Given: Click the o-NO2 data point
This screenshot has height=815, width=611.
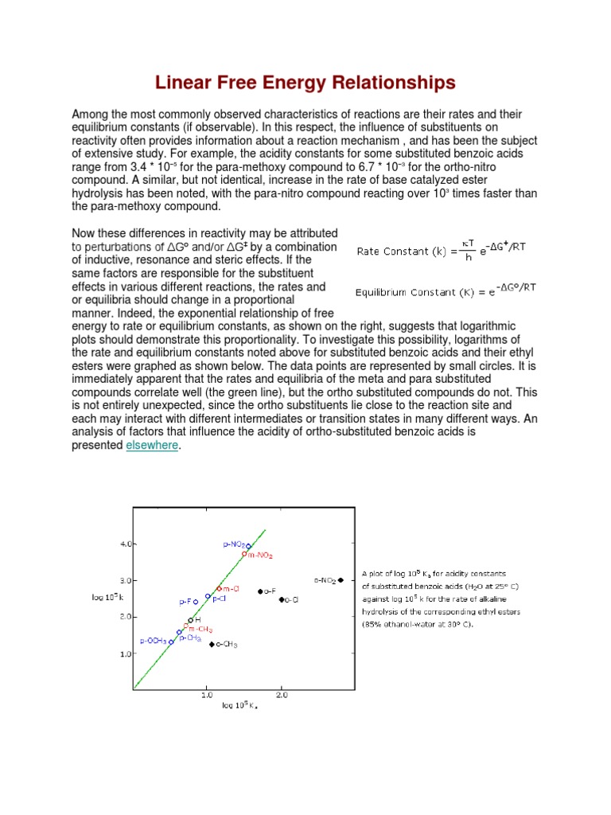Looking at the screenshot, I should coord(341,580).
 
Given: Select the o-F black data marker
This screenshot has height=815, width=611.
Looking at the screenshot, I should coord(259,591).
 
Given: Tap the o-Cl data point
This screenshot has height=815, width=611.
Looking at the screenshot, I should coord(282,599).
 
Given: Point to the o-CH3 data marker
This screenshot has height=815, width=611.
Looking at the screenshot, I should coord(212,644).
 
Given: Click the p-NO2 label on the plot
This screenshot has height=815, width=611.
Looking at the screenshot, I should coord(235,544).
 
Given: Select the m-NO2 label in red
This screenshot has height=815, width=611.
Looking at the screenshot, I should coord(259,555).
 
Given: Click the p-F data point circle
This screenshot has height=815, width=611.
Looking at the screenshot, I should coord(196,602).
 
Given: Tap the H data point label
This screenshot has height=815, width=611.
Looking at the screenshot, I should coord(197,619).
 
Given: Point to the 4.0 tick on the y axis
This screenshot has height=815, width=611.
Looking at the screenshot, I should coord(126,544).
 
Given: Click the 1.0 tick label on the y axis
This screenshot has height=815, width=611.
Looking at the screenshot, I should coord(126,654).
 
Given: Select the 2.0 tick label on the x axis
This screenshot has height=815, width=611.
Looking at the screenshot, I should coord(282,695).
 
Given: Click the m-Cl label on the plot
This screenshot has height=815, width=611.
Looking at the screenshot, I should coord(232,589).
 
